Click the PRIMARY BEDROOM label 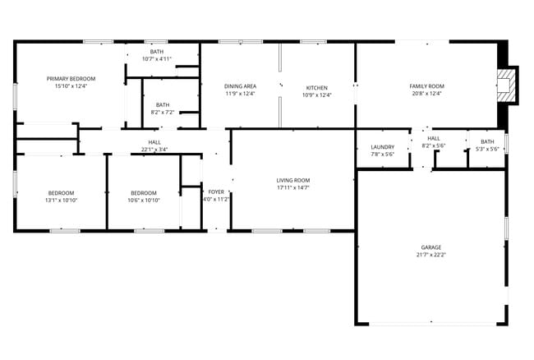[x=71, y=78]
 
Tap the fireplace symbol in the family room [x=507, y=85]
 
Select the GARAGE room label [x=431, y=247]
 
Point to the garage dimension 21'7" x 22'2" [x=431, y=255]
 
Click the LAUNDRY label [x=383, y=147]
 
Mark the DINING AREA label [x=240, y=86]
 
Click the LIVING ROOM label [x=292, y=180]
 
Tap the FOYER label [x=215, y=192]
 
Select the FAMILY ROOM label [x=426, y=86]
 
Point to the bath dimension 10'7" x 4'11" [x=156, y=58]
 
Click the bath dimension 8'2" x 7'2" [x=163, y=112]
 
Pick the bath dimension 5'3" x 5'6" [x=487, y=149]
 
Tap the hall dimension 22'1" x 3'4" [x=154, y=150]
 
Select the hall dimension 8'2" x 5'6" [x=433, y=145]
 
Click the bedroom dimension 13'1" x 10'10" [x=61, y=200]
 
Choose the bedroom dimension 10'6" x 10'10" [x=144, y=200]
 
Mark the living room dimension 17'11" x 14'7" [x=292, y=187]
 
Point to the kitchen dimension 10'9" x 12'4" [x=317, y=94]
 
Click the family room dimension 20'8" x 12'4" [x=426, y=94]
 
